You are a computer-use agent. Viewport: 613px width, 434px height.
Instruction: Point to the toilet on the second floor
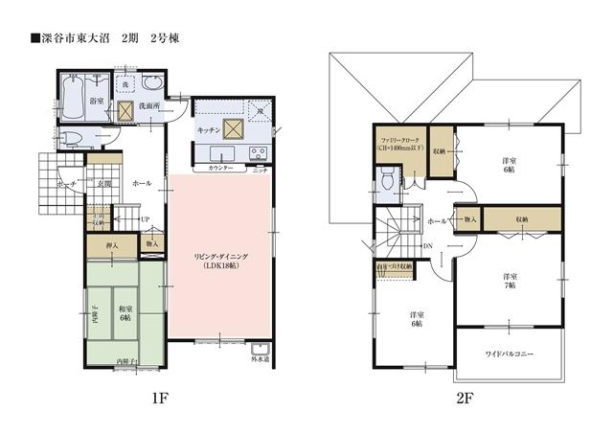tap(386, 179)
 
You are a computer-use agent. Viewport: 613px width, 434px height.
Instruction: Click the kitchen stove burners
tap(258, 153)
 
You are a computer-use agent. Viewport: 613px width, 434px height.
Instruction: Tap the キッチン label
tap(210, 127)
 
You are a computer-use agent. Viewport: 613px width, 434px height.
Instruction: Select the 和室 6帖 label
tap(125, 312)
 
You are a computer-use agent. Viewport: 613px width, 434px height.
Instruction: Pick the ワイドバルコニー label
tap(509, 354)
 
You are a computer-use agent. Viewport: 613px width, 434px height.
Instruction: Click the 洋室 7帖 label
tap(511, 280)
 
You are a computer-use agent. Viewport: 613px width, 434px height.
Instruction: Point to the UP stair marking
tap(145, 219)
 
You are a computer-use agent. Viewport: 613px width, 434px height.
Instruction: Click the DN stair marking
tap(427, 247)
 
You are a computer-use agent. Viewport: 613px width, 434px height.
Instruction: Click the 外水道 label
tap(261, 360)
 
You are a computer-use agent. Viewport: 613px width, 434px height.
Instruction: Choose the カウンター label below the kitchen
tap(220, 168)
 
